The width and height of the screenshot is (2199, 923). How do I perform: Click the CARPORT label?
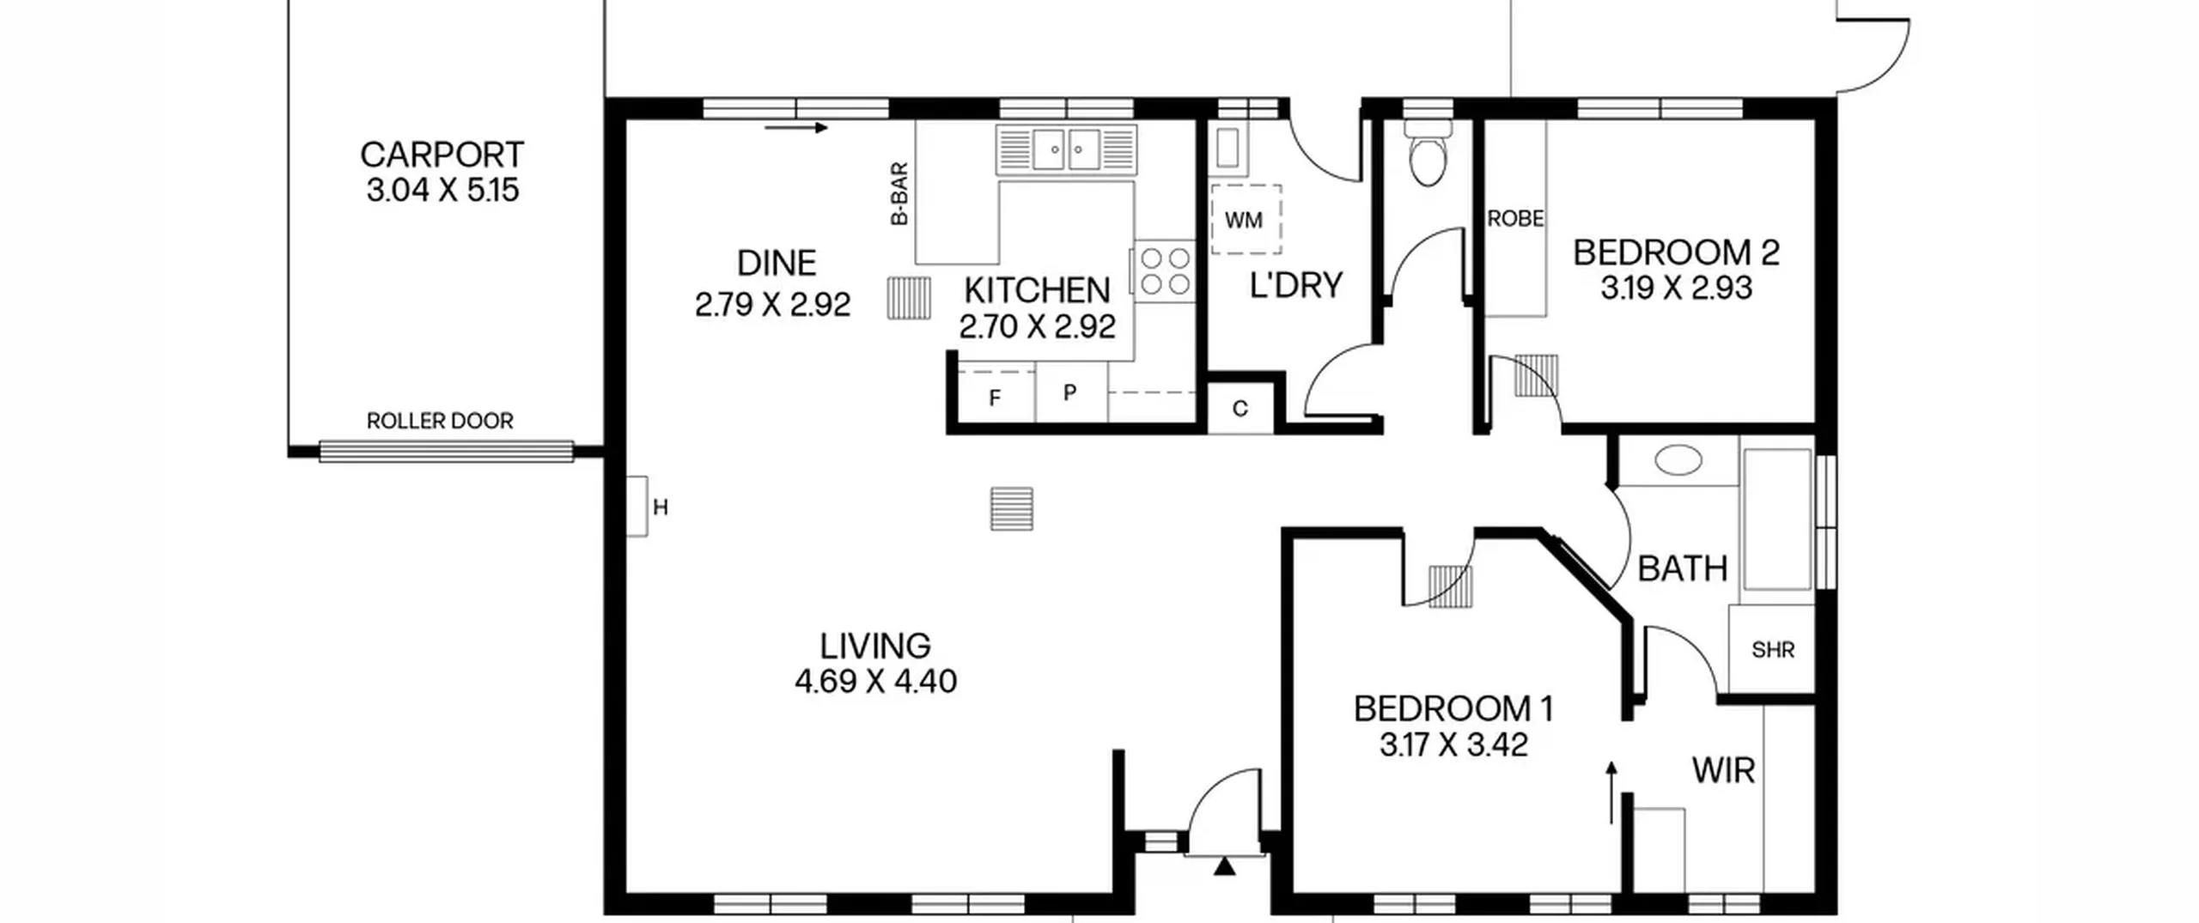coord(442,155)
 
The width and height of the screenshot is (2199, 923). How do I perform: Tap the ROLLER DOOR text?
coord(440,421)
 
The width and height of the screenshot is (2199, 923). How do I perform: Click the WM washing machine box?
coord(1246,220)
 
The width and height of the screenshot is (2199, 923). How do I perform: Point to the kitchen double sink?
coord(1066,151)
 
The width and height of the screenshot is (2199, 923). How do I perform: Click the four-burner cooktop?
coord(1165,270)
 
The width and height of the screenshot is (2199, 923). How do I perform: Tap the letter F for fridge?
coord(995,398)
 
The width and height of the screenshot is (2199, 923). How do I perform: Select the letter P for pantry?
coord(1069,393)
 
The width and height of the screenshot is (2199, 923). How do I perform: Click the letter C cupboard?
coord(1240,409)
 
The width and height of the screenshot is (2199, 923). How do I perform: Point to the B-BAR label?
coord(899,194)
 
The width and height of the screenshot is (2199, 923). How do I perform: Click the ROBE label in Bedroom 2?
coord(1515,219)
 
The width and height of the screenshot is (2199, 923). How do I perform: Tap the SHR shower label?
coord(1773,650)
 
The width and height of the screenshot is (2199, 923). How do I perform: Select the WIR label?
coord(1723,771)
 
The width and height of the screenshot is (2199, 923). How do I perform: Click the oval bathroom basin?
coord(1678,460)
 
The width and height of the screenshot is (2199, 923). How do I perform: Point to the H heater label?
coord(661,508)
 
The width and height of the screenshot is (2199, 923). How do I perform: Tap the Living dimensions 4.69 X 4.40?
coord(875,682)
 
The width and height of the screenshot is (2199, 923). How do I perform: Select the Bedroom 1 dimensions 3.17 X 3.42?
coord(1453,745)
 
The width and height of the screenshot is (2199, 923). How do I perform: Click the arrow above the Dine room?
coord(796,128)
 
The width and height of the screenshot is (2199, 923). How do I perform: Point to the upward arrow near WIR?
coord(1611,792)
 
